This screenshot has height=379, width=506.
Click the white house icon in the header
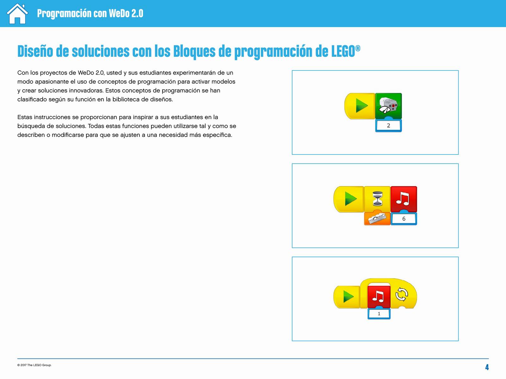coord(17,14)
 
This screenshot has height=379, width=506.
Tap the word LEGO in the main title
coord(343,51)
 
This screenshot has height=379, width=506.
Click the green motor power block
coord(388,106)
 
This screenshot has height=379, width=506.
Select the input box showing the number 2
coord(388,126)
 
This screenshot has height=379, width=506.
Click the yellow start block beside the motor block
coord(360,106)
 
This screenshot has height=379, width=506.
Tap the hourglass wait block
coord(377,199)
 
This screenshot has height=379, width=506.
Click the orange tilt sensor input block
coord(377,218)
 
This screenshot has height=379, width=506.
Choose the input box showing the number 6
coord(404,219)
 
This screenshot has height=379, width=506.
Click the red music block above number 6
coord(404,199)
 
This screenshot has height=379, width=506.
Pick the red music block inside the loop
coord(379,296)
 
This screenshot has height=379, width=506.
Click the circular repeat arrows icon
coord(402,294)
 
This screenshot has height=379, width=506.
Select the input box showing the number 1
coord(379,314)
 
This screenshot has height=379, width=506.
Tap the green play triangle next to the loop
coord(348,296)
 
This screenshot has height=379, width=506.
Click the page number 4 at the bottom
coord(487,367)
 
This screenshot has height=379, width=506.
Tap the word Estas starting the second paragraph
coord(25,117)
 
